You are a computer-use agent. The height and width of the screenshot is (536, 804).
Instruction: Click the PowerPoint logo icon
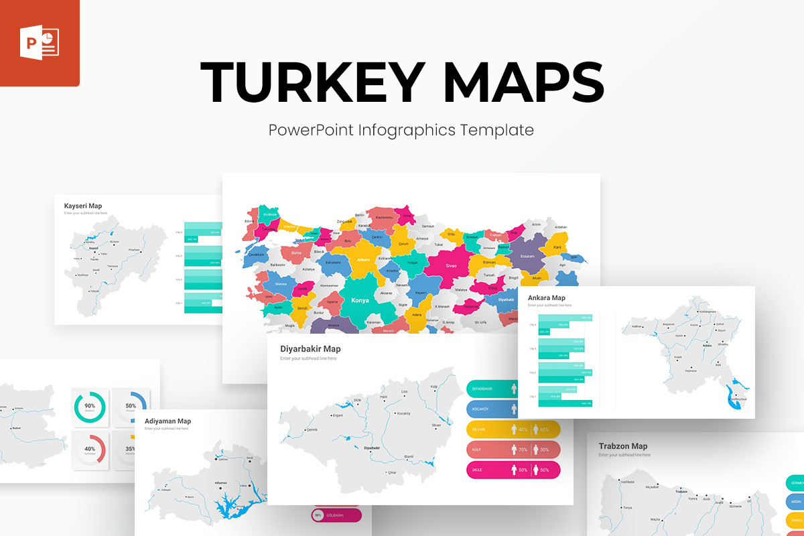(41, 44)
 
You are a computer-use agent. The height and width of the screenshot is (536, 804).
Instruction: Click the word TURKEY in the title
(312, 82)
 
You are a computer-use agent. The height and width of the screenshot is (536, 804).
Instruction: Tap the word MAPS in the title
(523, 82)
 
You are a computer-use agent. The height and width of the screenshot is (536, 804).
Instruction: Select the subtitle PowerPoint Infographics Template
(401, 129)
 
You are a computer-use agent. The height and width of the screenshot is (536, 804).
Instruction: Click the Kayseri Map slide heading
(83, 206)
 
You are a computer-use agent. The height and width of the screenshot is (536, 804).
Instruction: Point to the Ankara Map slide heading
(547, 297)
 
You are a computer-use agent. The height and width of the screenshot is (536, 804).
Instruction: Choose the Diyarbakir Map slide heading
(310, 348)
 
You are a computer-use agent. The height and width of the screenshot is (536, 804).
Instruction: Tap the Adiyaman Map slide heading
(167, 421)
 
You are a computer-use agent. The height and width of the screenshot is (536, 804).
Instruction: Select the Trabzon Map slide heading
(623, 446)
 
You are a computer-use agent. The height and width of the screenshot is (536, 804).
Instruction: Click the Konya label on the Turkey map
(360, 300)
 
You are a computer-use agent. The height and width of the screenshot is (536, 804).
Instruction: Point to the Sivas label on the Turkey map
(451, 266)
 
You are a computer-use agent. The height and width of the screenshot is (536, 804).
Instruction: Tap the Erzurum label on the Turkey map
(528, 256)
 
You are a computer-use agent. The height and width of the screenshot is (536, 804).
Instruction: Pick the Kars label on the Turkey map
(557, 247)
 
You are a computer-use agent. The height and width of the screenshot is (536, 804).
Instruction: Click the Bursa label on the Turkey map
(296, 253)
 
